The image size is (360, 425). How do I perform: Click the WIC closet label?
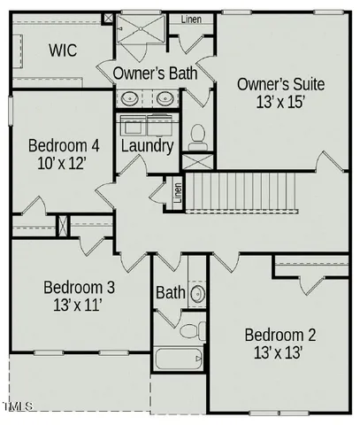coord(61,50)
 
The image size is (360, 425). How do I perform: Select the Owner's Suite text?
coord(280,85)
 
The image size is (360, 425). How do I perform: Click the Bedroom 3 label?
coord(79,288)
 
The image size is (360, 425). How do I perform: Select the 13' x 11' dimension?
coord(78,306)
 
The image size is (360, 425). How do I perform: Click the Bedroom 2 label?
coord(280,336)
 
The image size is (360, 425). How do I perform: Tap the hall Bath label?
coord(170,292)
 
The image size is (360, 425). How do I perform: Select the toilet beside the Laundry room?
coord(197,136)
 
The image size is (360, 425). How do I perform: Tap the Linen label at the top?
coord(190,19)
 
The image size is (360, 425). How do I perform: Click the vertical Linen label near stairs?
coord(178,193)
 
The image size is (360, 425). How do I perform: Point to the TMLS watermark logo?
coord(17,407)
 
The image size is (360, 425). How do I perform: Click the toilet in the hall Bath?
coord(189,331)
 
